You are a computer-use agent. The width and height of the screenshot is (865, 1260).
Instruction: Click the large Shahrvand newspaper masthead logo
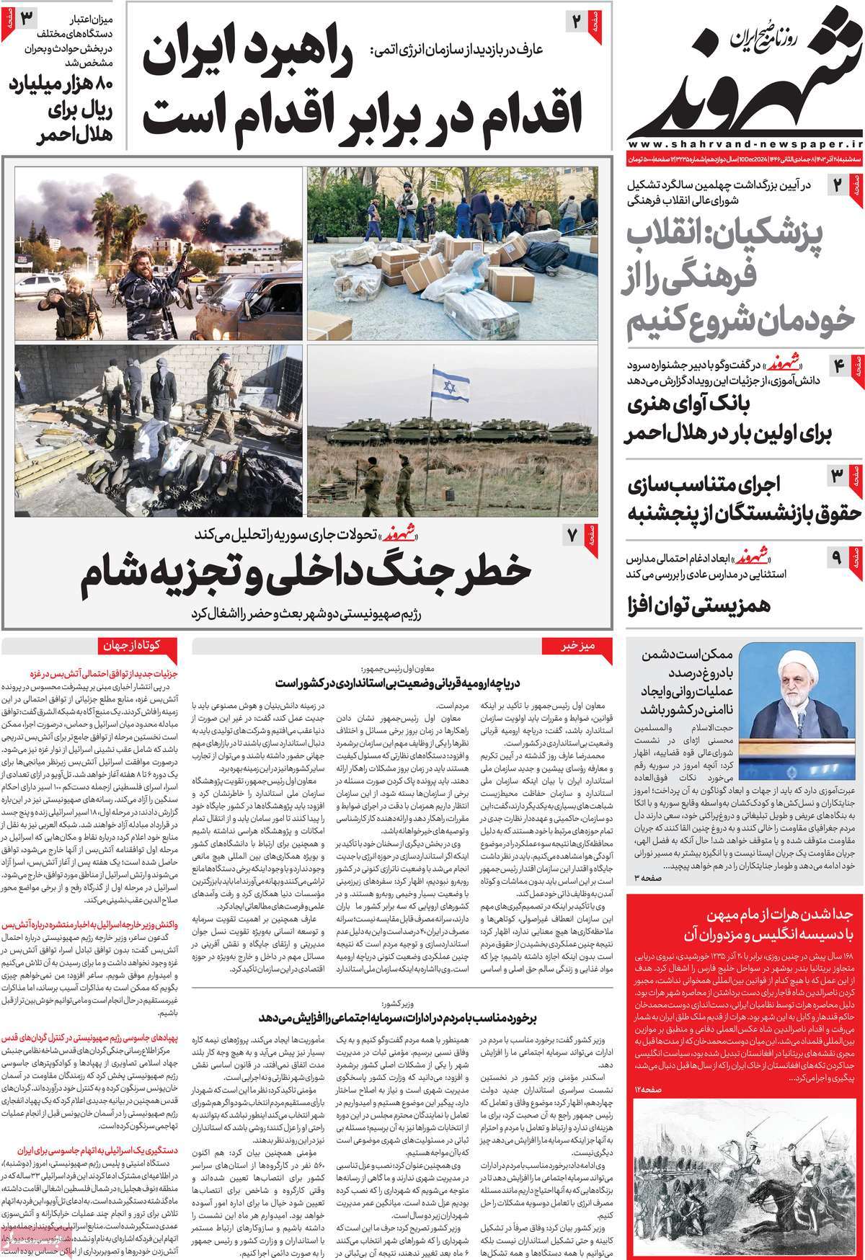tap(742, 79)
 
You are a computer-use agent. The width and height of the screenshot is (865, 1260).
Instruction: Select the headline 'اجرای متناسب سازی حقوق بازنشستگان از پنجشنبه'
tap(728, 497)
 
